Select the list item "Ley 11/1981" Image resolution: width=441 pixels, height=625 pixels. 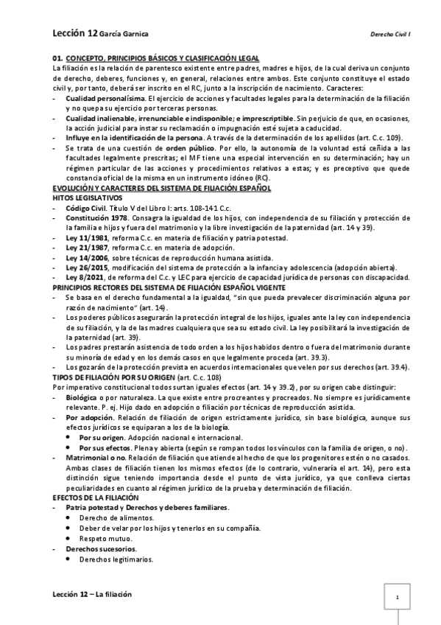coord(86,237)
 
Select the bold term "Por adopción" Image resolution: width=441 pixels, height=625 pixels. coord(88,417)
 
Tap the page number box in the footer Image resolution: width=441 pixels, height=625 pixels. coord(397,598)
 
